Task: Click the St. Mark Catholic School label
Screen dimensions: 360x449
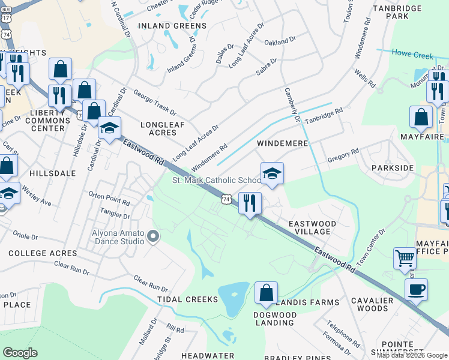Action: (x=216, y=180)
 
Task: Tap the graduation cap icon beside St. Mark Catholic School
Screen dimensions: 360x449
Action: (x=272, y=174)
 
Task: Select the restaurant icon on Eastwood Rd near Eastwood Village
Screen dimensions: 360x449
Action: (x=250, y=203)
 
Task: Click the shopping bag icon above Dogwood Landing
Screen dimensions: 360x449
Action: (x=266, y=293)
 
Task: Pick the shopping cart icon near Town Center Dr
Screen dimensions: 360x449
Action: (x=405, y=259)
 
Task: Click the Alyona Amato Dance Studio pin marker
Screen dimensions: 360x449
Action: (x=153, y=237)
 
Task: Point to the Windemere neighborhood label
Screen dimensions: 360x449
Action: (x=282, y=144)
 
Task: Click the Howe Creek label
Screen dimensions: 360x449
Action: (x=412, y=55)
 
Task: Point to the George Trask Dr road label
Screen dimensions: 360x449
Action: (x=155, y=103)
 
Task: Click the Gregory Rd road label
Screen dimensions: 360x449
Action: (x=343, y=155)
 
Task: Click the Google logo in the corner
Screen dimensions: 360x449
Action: (x=20, y=353)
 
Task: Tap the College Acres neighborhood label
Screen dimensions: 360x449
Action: (x=43, y=253)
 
